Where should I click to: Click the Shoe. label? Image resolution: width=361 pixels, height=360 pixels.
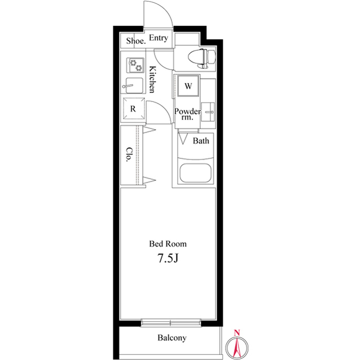click(136, 41)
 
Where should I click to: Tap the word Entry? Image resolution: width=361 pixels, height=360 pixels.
click(159, 38)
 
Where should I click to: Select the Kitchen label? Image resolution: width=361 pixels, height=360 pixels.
click(152, 79)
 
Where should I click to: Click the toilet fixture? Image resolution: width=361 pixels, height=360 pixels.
click(200, 57)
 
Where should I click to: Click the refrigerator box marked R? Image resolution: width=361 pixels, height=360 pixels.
click(133, 109)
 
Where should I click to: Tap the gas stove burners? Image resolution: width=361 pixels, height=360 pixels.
click(136, 65)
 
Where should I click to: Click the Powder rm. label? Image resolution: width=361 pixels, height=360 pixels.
click(187, 114)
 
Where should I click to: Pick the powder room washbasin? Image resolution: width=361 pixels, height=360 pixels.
click(208, 111)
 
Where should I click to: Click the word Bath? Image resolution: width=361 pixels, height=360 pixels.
click(201, 141)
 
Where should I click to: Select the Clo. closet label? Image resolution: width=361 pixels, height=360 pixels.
click(129, 154)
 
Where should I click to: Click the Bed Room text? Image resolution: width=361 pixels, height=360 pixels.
click(168, 244)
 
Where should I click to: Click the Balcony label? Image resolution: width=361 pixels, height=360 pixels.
click(171, 338)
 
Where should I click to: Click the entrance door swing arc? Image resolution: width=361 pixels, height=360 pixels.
click(156, 12)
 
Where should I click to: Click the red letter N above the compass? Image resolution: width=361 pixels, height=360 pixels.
click(237, 332)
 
